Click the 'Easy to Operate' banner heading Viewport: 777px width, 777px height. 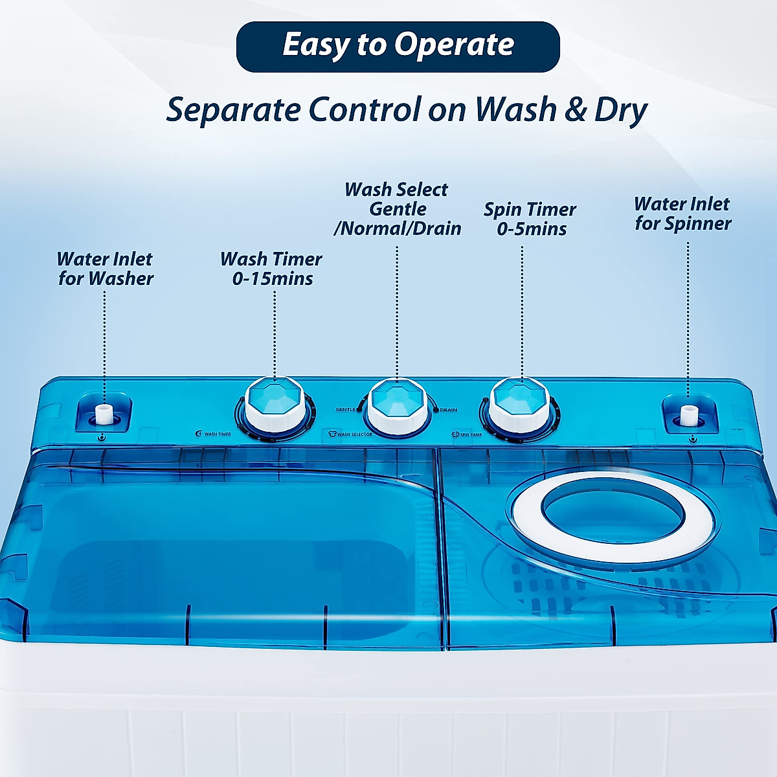(x=398, y=46)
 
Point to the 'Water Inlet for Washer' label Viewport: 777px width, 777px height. (x=105, y=269)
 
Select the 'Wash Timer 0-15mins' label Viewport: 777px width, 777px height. (x=271, y=269)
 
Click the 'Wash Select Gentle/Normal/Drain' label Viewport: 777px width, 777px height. (x=397, y=209)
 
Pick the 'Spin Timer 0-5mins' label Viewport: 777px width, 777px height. (x=530, y=219)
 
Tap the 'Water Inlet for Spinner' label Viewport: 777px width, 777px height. (x=682, y=214)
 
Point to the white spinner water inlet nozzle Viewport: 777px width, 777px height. (x=688, y=414)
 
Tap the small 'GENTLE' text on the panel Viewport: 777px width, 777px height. (x=346, y=410)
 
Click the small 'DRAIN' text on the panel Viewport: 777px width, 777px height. (x=448, y=410)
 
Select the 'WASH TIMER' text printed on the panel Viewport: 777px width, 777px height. (x=218, y=434)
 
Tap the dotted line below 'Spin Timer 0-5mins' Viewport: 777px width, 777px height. (x=522, y=311)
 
